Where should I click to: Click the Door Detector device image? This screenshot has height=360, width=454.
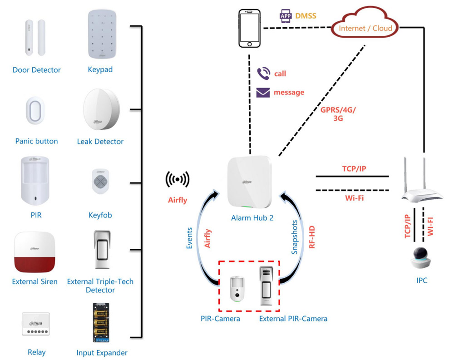coord(35,38)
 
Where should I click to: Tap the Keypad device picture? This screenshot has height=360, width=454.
coord(102,35)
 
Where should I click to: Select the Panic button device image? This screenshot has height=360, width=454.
coord(35,110)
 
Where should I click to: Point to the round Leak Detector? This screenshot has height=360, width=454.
coord(101,109)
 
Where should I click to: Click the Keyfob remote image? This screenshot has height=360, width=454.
coord(100,181)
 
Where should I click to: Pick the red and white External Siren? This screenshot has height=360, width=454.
coord(35,252)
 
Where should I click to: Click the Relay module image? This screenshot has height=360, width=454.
coord(36,324)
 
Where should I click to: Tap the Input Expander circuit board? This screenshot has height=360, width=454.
coord(101,323)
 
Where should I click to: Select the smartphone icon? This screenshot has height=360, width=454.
coord(249,29)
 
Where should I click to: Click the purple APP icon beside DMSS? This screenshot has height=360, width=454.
coord(286,16)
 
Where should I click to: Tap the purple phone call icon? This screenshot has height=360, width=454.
coord(263,74)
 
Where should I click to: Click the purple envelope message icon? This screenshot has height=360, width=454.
coord(263,93)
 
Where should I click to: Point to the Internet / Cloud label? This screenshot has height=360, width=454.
coord(365,28)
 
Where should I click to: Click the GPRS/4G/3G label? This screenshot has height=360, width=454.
coord(338,114)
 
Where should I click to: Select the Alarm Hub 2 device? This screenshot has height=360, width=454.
coord(250,182)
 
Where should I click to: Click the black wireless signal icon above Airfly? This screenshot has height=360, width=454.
coord(178,179)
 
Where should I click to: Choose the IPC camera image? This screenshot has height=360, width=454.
coord(421,258)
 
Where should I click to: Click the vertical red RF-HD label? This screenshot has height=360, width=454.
coord(312,237)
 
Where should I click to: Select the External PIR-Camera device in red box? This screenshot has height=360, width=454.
coord(266,286)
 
